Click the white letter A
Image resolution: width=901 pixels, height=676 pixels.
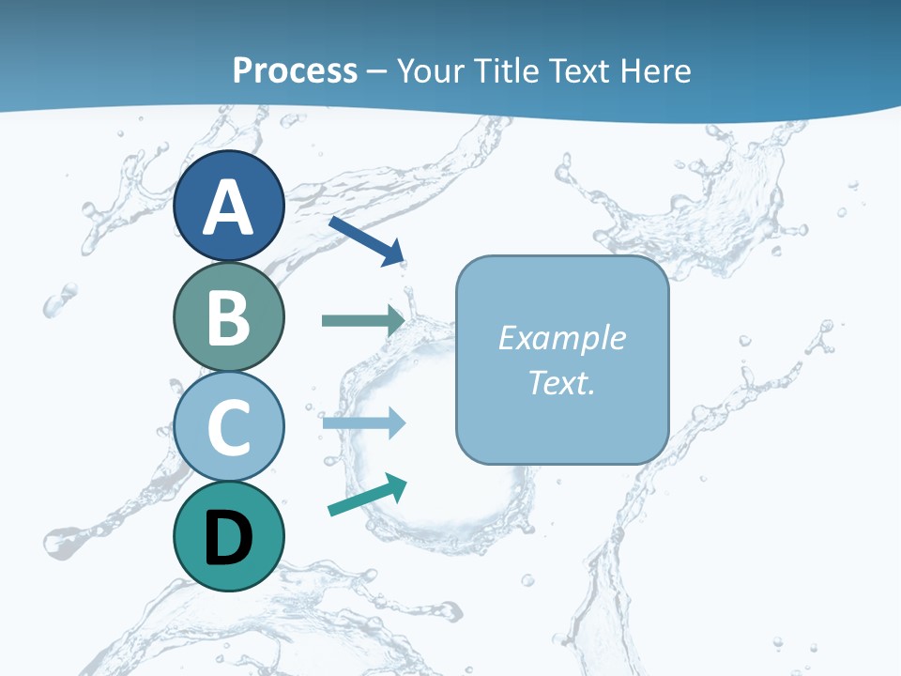[x=228, y=208]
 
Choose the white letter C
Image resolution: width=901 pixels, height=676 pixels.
[x=228, y=428]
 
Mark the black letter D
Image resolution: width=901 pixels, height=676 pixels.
[x=228, y=538]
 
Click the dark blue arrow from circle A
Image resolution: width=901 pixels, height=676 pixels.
[x=367, y=239]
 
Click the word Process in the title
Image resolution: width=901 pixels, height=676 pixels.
[x=295, y=70]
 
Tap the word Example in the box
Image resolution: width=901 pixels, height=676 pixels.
[x=561, y=338]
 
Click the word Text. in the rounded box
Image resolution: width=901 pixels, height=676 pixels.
[x=561, y=382]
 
